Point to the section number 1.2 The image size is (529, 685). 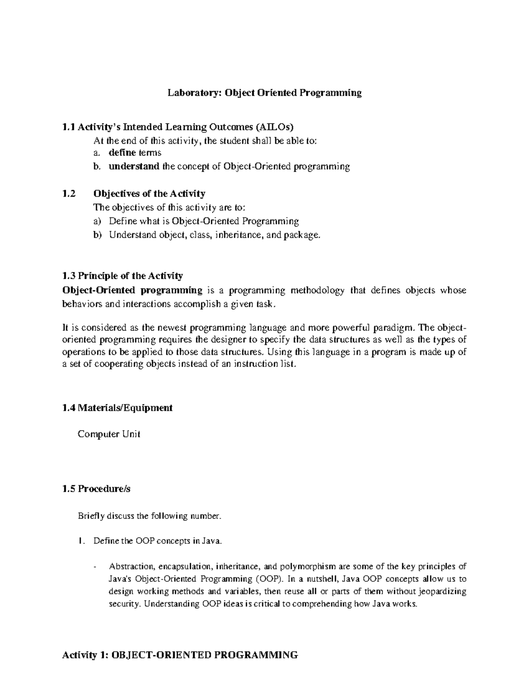69,194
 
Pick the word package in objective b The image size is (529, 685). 300,235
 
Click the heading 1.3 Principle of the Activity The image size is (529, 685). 123,276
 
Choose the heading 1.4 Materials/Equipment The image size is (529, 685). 117,408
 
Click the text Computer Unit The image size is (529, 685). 109,434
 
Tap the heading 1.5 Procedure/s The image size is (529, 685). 97,489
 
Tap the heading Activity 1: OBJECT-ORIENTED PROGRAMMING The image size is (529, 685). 180,655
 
